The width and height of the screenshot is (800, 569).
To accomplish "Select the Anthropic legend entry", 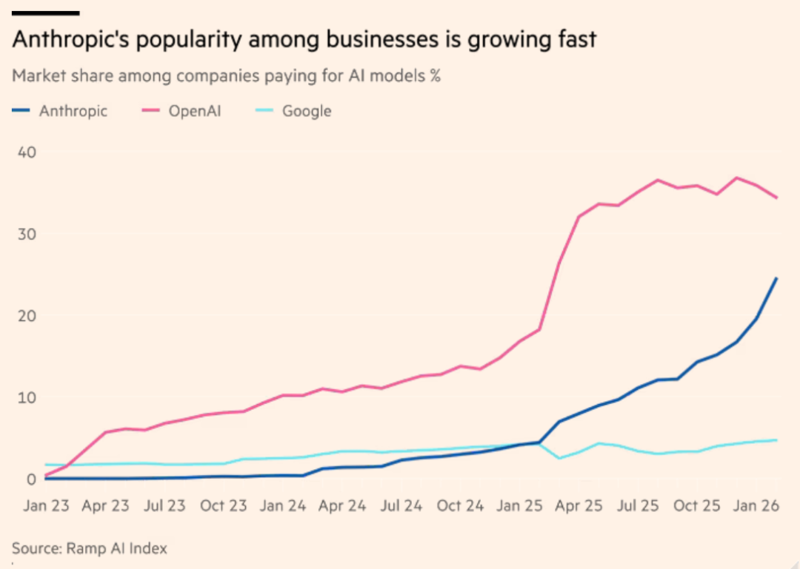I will [x=73, y=112].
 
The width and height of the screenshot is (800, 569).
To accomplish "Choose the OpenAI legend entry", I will [x=195, y=112].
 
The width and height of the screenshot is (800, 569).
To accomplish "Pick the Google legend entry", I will [x=307, y=112].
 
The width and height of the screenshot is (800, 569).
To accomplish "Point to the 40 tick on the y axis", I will [x=26, y=152].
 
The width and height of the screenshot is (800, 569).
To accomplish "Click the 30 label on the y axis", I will [x=26, y=234].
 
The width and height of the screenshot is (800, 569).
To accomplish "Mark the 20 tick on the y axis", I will [x=26, y=316].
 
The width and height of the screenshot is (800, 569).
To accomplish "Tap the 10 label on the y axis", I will [x=26, y=398].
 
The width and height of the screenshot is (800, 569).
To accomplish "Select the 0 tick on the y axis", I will [x=31, y=479].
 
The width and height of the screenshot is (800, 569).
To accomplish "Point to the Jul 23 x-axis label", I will [x=163, y=506].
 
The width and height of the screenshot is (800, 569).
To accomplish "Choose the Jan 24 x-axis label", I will [x=282, y=506].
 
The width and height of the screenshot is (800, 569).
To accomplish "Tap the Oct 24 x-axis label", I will [x=460, y=506].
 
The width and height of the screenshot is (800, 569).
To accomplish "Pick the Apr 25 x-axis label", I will [x=579, y=506].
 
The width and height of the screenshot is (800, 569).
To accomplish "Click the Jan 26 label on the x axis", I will [x=756, y=506].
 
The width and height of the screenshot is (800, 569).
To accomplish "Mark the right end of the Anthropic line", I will [x=776, y=278].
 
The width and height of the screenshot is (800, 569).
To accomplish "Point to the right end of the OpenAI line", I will [x=776, y=198].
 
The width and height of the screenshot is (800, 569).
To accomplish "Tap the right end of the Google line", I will [x=776, y=440].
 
